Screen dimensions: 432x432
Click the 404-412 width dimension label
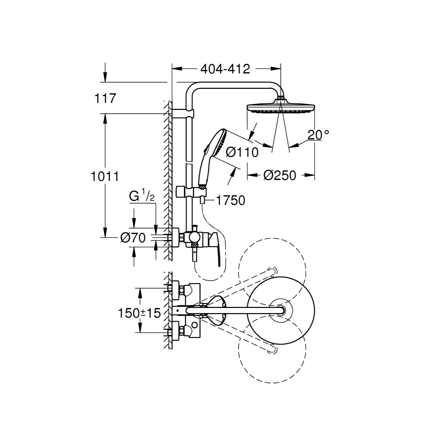(x=225, y=69)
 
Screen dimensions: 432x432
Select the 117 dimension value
(x=105, y=98)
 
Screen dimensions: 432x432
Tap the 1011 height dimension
(x=105, y=177)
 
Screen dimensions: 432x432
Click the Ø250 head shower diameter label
(x=280, y=176)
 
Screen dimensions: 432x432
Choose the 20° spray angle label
(x=318, y=135)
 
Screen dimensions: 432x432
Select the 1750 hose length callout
(x=231, y=201)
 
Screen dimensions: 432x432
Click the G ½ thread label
(x=142, y=197)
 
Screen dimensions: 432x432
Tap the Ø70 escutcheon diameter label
(x=133, y=238)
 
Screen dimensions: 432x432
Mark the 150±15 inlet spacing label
(x=139, y=313)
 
